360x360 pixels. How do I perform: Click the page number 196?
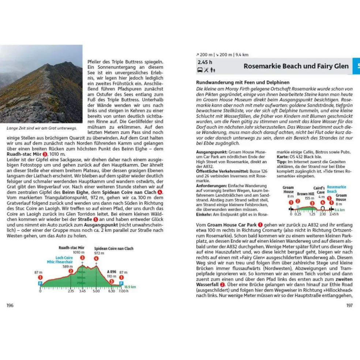10,305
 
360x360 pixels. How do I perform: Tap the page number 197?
349,305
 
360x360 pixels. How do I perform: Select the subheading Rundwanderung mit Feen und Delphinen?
243,82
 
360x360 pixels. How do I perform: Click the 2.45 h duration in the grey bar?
205,62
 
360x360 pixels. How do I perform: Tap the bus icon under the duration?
200,70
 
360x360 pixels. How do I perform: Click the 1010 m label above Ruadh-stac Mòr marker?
79,252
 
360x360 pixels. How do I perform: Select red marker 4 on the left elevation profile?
96,259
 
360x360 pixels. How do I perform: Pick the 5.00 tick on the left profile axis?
96,291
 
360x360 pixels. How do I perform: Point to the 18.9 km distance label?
130,287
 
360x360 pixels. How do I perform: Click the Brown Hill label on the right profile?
305,194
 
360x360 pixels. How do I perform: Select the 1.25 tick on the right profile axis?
312,214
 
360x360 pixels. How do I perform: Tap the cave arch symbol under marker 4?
323,208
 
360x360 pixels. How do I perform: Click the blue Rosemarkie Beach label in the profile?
336,189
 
